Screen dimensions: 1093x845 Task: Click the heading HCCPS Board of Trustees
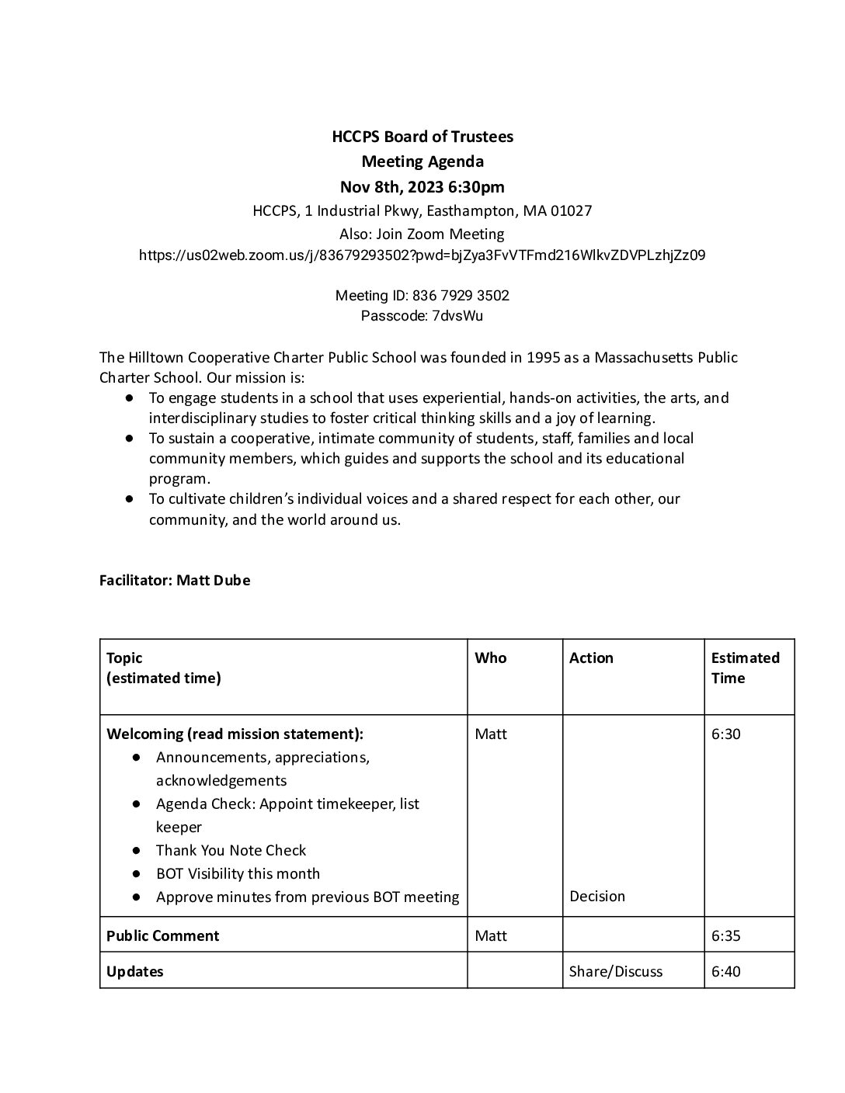pyautogui.click(x=422, y=137)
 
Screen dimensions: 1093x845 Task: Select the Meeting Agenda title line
pyautogui.click(x=422, y=161)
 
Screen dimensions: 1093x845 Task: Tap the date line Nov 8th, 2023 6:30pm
pyautogui.click(x=422, y=186)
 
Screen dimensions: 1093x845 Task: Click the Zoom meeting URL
pyautogui.click(x=422, y=255)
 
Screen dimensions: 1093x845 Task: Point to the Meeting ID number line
pyautogui.click(x=422, y=295)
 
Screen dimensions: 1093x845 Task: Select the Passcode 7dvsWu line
pyautogui.click(x=422, y=315)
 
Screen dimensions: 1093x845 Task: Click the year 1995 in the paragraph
pyautogui.click(x=544, y=357)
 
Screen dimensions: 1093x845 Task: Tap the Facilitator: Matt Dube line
pyautogui.click(x=175, y=580)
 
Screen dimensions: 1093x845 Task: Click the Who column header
pyautogui.click(x=491, y=658)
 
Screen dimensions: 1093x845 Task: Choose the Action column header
pyautogui.click(x=591, y=658)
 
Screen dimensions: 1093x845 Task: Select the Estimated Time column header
pyautogui.click(x=745, y=668)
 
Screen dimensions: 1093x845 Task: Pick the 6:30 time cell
pyautogui.click(x=726, y=734)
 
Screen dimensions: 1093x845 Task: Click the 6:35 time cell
pyautogui.click(x=726, y=935)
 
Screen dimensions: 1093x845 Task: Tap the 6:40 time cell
pyautogui.click(x=726, y=971)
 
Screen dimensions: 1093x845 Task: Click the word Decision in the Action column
pyautogui.click(x=597, y=896)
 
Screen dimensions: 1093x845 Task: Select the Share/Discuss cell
pyautogui.click(x=616, y=971)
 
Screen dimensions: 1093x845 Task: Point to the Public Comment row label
pyautogui.click(x=163, y=935)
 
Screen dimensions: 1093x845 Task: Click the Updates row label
pyautogui.click(x=135, y=971)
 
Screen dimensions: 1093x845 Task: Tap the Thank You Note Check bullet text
pyautogui.click(x=231, y=850)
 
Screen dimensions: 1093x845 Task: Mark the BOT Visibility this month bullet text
pyautogui.click(x=238, y=873)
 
